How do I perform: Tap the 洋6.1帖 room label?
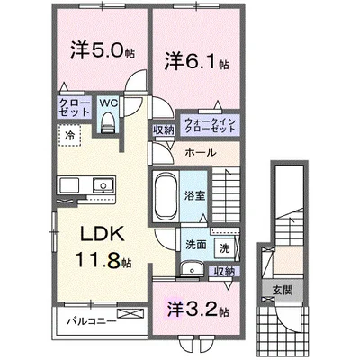[x=196, y=61]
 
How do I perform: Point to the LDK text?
[x=103, y=234]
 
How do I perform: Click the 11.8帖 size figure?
[x=103, y=259]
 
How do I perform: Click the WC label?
[x=109, y=103]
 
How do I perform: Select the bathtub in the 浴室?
[x=166, y=197]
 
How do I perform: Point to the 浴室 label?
[x=194, y=196]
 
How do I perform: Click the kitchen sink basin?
[x=102, y=184]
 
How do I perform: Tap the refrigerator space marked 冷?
[x=69, y=136]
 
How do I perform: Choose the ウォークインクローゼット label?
[x=211, y=125]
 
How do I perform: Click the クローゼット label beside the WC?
[x=74, y=108]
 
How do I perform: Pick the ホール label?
[x=201, y=153]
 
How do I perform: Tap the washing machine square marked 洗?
[x=224, y=248]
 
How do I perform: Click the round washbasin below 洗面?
[x=192, y=268]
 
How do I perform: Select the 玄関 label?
[x=283, y=290]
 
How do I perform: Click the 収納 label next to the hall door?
[x=164, y=130]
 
